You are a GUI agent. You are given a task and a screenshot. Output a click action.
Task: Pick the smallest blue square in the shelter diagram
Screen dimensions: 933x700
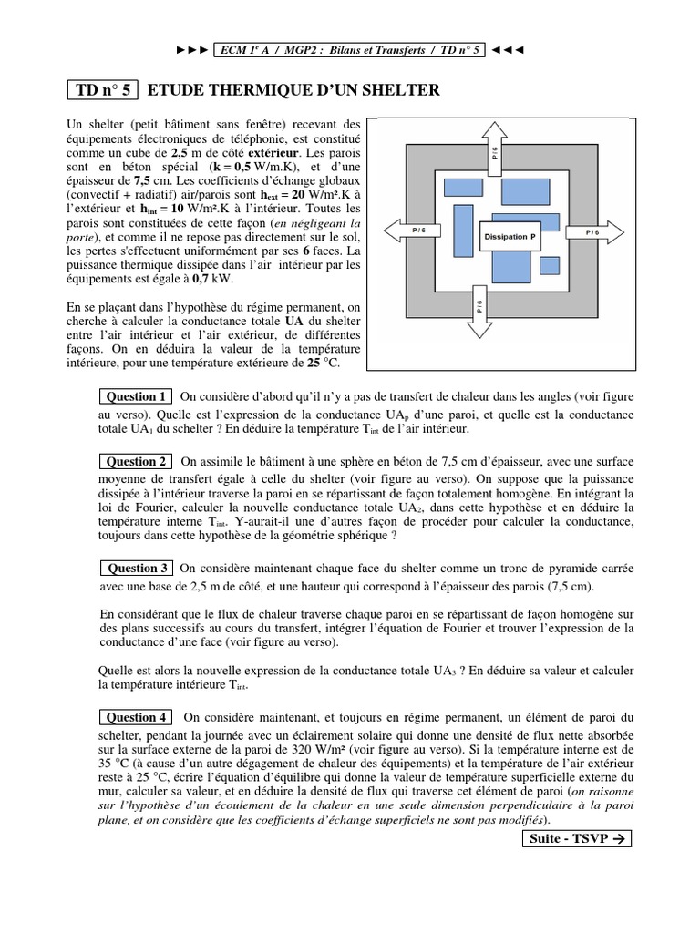[x=549, y=265]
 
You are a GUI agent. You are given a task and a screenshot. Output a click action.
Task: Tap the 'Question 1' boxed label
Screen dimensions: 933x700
[x=137, y=396]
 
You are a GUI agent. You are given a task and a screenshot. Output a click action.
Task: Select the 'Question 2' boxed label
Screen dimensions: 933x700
[x=137, y=462]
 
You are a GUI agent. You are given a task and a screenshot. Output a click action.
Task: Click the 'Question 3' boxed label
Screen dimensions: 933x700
[x=137, y=568]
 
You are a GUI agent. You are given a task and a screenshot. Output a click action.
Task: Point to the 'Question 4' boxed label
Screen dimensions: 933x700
[x=137, y=717]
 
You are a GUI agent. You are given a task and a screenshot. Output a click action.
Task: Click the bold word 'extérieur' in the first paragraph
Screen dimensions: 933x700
[x=272, y=154]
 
